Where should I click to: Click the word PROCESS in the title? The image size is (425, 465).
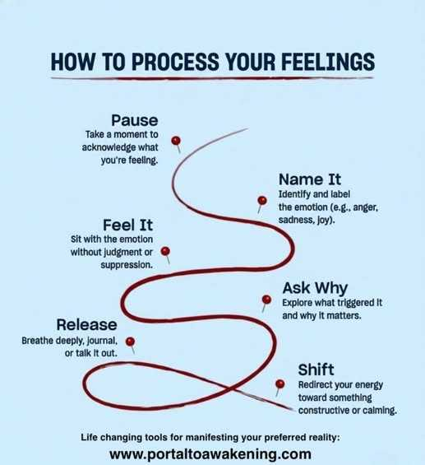(176, 62)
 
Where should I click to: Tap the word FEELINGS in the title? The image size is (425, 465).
(328, 62)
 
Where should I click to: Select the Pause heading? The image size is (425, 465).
(135, 120)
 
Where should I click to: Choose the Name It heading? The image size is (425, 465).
(310, 179)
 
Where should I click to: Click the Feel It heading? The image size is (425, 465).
(128, 225)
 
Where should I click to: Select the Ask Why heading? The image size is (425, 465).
(315, 288)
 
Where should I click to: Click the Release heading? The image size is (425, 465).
(87, 325)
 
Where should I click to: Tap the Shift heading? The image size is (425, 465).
(316, 370)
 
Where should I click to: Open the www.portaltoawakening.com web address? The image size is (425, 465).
(210, 454)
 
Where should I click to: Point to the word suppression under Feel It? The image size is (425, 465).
(127, 265)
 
